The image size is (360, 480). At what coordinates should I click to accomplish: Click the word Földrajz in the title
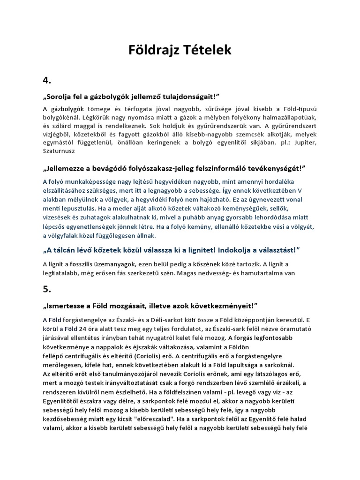(155, 50)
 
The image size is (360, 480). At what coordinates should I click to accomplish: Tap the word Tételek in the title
(207, 50)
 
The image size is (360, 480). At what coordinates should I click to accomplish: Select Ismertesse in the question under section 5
(67, 305)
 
